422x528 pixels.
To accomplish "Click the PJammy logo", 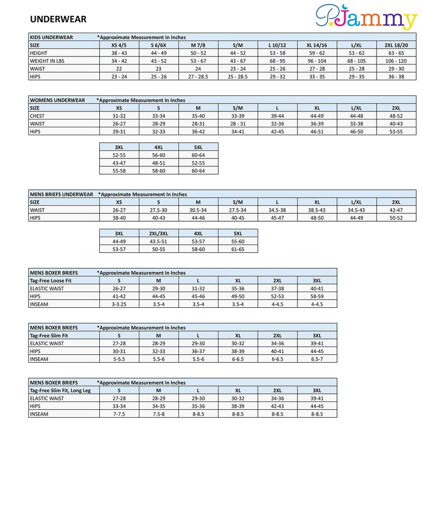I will click(x=366, y=18).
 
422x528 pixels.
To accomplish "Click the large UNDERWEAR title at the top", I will click(x=58, y=20).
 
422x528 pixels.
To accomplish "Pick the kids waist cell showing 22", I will click(x=119, y=69).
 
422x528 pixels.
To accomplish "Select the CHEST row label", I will click(x=37, y=116).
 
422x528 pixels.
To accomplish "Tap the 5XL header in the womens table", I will click(x=198, y=147).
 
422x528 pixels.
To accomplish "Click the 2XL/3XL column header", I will click(x=159, y=233).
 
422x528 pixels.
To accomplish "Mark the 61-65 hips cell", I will click(x=238, y=249).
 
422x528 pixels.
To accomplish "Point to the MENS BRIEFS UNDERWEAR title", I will click(x=61, y=194).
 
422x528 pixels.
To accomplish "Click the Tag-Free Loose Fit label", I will click(x=51, y=280).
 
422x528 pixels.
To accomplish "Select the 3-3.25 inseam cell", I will click(x=119, y=304).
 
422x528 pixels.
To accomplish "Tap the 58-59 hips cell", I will click(x=317, y=296).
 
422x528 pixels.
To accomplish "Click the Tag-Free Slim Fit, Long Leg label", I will click(x=61, y=391).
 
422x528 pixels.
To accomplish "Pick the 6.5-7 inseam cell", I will click(x=317, y=359).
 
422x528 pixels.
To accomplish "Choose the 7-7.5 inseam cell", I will click(x=119, y=414).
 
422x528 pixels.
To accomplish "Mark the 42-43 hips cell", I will click(x=277, y=407).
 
